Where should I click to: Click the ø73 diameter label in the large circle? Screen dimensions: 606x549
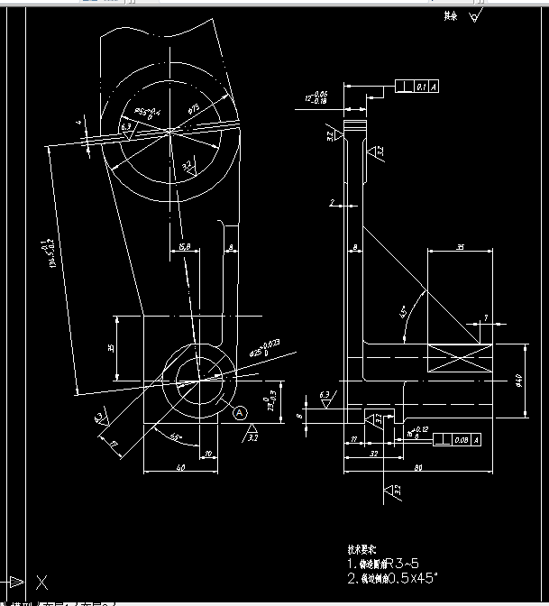pyautogui.click(x=194, y=108)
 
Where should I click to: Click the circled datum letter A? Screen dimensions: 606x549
pyautogui.click(x=240, y=412)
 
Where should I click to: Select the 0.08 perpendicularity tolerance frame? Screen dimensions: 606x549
pyautogui.click(x=455, y=440)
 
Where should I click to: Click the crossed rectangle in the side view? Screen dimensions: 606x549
pyautogui.click(x=461, y=359)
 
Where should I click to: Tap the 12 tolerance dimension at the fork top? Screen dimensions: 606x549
pyautogui.click(x=316, y=97)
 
